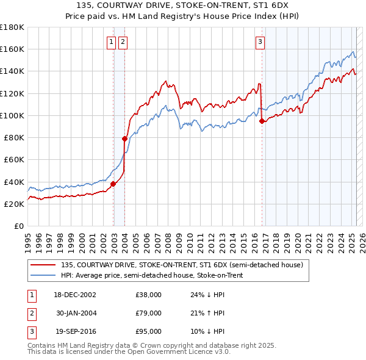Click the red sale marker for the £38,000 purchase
113,184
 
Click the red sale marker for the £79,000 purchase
124,139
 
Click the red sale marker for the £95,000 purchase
262,121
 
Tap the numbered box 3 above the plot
260,42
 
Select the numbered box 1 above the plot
111,42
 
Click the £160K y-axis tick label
12,49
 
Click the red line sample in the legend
42,265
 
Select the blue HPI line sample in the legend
42,275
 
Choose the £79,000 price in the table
148,313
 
